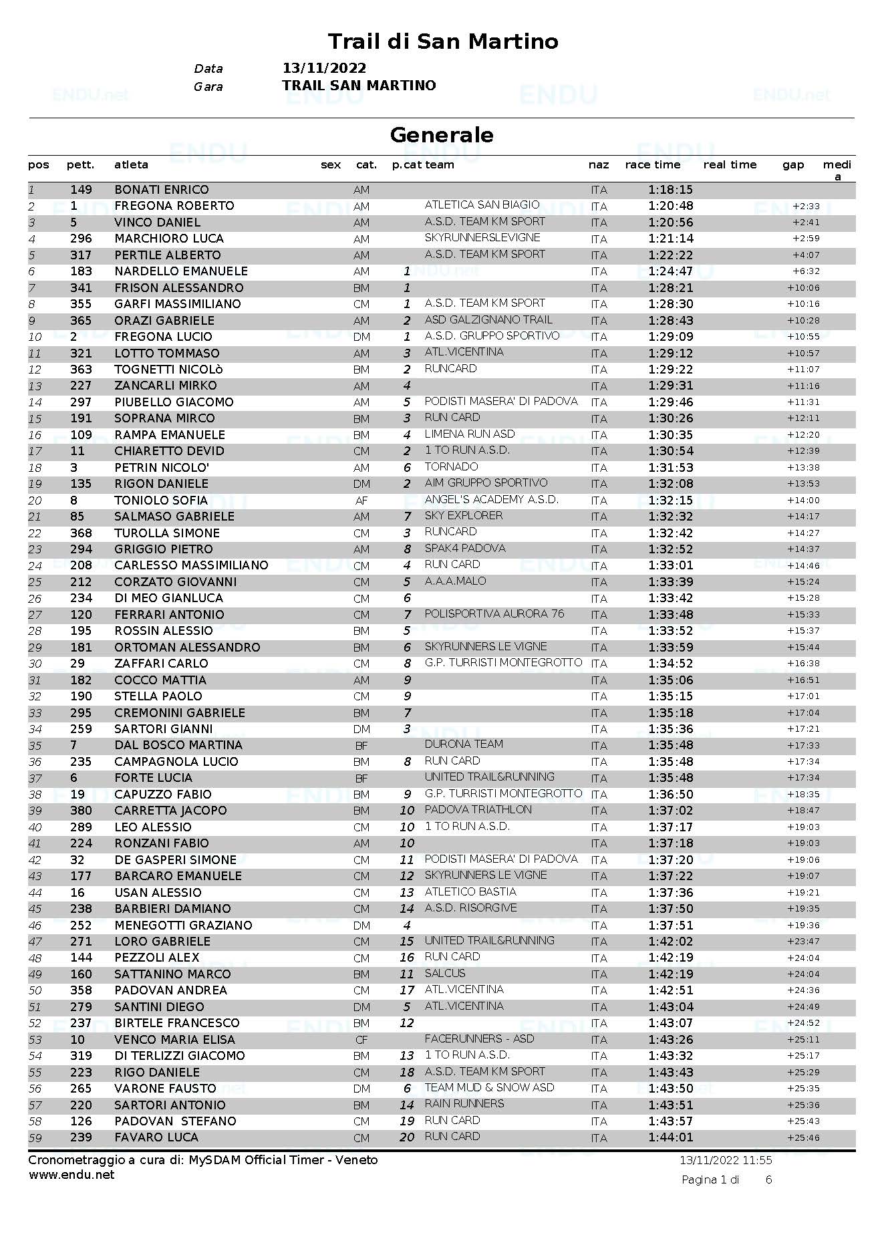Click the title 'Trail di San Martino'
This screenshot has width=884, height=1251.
pos(442,41)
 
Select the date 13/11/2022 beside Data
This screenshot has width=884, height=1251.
pos(324,68)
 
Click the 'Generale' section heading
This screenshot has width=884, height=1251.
pos(442,135)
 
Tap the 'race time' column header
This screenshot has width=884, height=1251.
pos(652,165)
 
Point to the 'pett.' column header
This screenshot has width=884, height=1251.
pos(80,165)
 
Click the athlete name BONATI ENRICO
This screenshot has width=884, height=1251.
pos(161,190)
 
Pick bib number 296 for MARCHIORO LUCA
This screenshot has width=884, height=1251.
pos(81,239)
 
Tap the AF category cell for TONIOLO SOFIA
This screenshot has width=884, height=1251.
pos(361,501)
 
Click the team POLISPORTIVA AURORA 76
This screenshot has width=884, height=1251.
pos(494,614)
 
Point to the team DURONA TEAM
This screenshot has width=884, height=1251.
pos(464,744)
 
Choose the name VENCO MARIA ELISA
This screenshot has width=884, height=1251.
pos(174,1040)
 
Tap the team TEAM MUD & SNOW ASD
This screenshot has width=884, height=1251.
pos(489,1088)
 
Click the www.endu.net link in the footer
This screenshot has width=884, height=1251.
pos(71,1175)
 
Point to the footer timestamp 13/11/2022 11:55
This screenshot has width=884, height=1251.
pos(726,1161)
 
